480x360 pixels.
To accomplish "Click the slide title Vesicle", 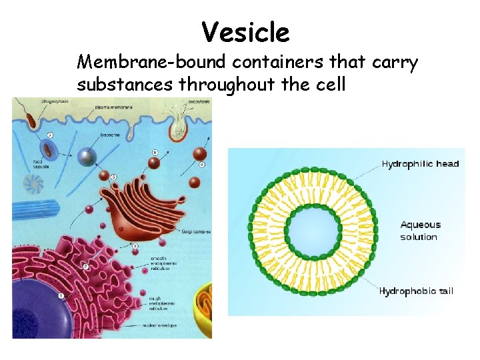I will (x=245, y=31).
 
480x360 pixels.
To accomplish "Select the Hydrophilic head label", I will (x=420, y=164).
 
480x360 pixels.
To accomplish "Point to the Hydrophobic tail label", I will (x=417, y=291).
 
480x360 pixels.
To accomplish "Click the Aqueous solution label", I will (x=419, y=231).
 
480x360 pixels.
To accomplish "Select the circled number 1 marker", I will (x=61, y=295).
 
